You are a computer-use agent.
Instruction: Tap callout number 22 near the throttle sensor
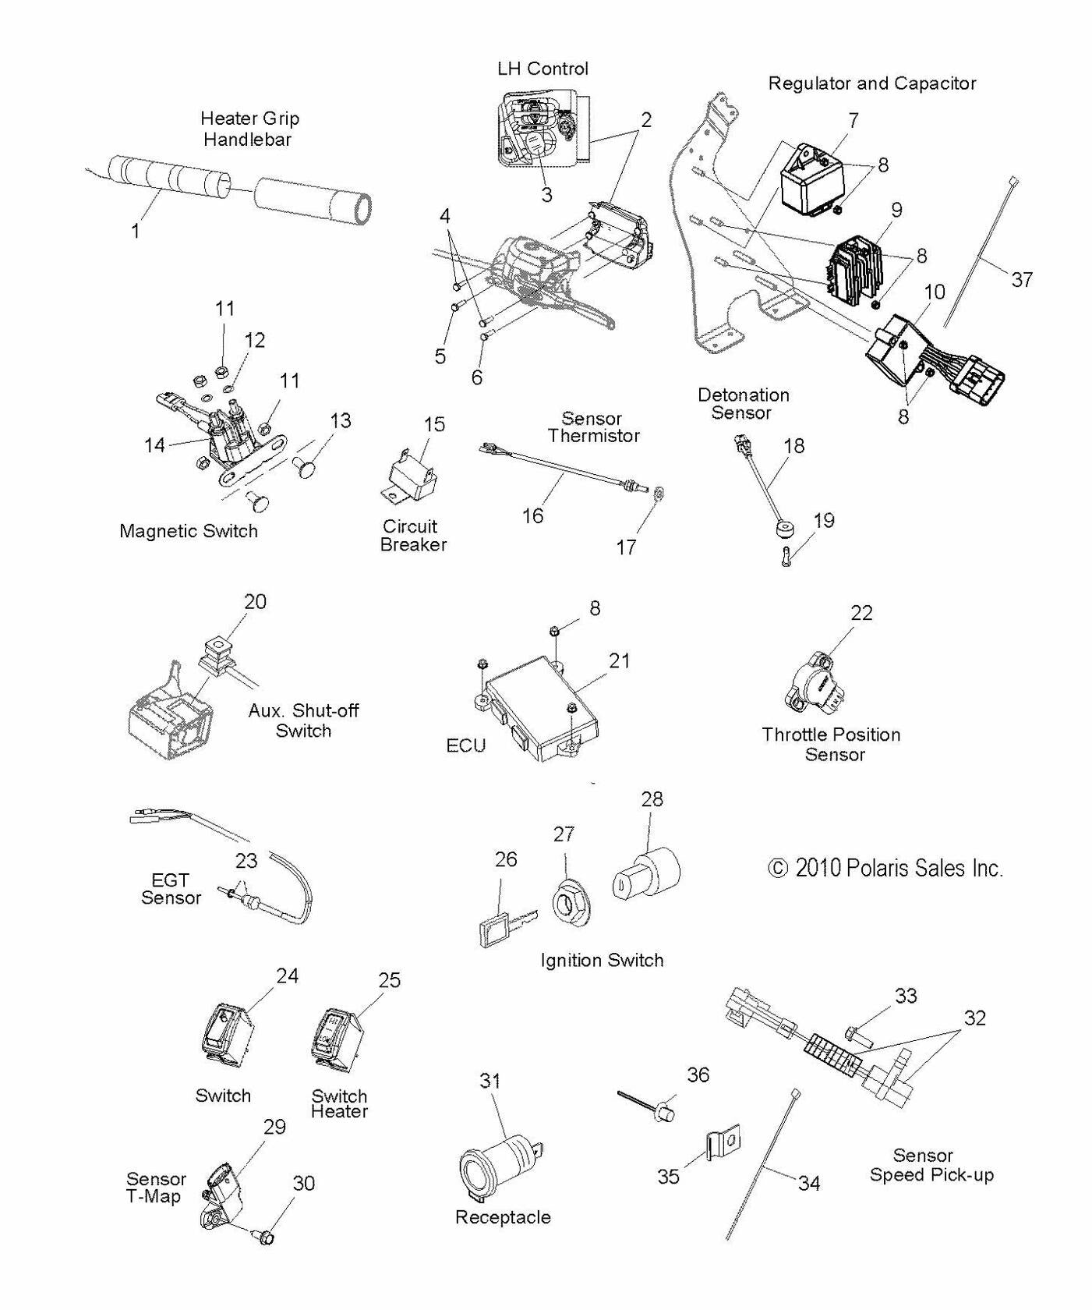861,613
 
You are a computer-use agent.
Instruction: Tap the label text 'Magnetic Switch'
188,531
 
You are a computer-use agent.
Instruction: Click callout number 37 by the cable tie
1021,279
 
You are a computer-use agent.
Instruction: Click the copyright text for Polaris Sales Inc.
885,868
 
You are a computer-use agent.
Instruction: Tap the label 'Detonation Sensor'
743,404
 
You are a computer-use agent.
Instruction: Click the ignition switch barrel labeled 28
646,874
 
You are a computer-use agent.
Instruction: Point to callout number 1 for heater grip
136,231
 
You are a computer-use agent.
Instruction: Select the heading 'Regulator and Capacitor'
871,83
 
